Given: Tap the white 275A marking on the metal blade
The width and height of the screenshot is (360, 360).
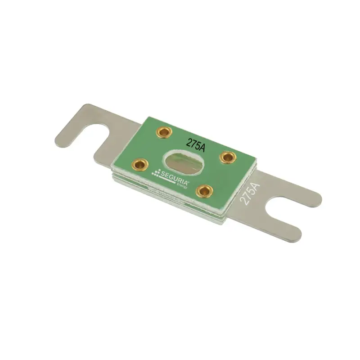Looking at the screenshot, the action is pyautogui.click(x=250, y=193).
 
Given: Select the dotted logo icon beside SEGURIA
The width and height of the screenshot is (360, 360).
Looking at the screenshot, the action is pyautogui.click(x=156, y=173).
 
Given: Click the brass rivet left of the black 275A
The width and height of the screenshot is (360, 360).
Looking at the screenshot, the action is pyautogui.click(x=164, y=132).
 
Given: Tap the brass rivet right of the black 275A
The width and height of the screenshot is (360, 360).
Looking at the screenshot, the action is pyautogui.click(x=228, y=157).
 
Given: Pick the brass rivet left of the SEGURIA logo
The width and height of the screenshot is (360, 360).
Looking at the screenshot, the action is pyautogui.click(x=140, y=164).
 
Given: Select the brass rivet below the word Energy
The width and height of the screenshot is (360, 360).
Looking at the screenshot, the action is pyautogui.click(x=204, y=191).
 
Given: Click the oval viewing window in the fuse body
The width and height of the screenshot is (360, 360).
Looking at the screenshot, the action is pyautogui.click(x=184, y=163).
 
